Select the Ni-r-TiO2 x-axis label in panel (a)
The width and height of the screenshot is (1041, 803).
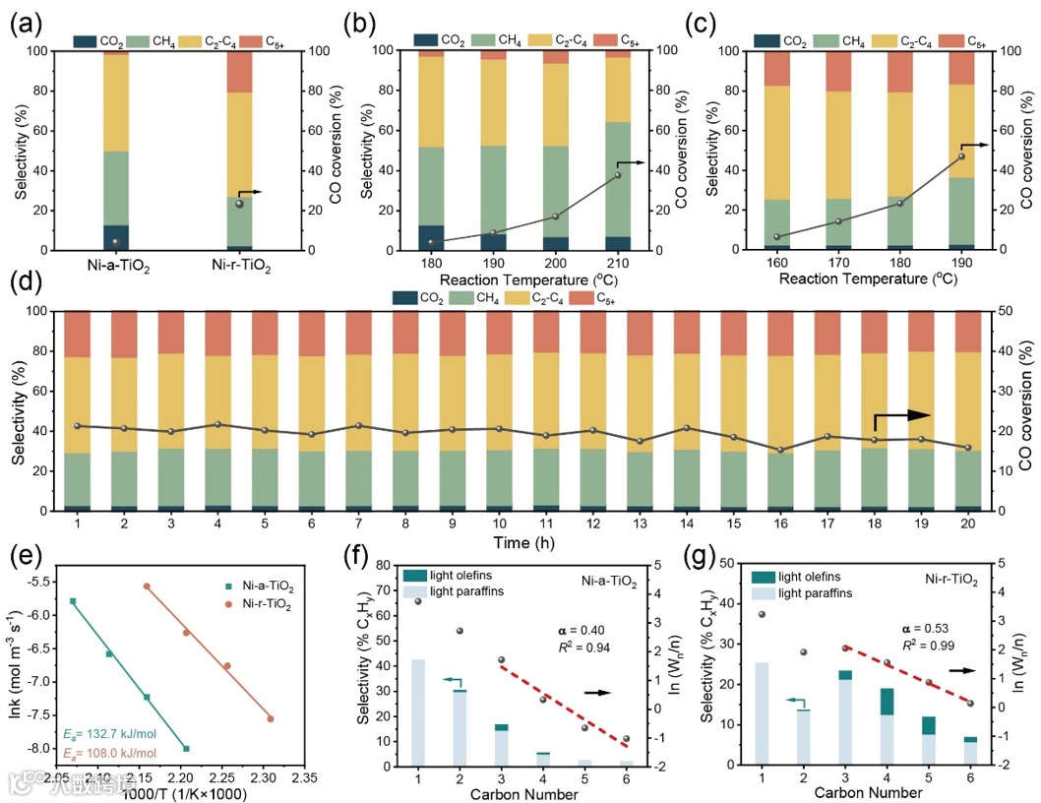point(239,265)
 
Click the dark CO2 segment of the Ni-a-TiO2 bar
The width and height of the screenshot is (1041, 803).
point(115,237)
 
